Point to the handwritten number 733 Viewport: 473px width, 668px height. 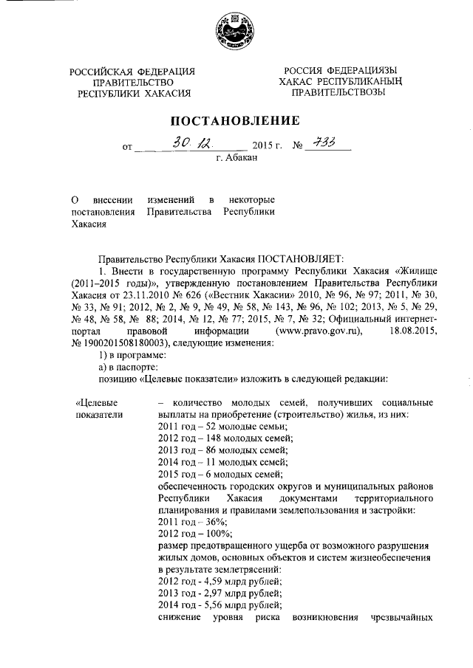tap(321, 144)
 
